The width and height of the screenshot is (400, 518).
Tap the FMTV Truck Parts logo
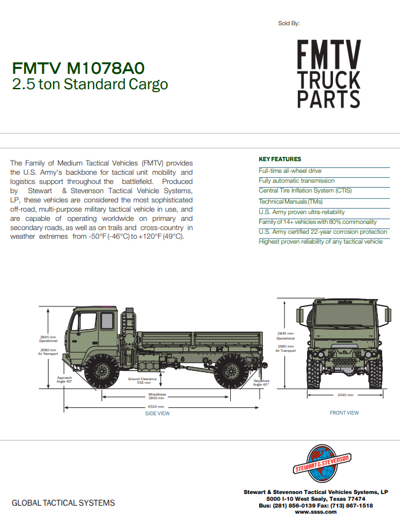[329, 74]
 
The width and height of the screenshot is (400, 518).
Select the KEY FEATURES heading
[280, 159]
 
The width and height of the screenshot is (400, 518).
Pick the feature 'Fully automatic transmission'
[297, 181]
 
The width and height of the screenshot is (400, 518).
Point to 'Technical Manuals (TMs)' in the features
[290, 201]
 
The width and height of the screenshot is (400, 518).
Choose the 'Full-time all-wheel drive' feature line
[290, 170]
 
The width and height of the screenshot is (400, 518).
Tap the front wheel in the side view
[102, 370]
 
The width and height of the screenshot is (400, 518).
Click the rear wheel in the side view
[231, 370]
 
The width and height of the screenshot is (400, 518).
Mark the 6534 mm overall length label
[156, 407]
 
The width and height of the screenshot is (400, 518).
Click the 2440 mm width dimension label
[346, 395]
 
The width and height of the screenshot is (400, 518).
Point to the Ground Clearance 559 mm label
[143, 381]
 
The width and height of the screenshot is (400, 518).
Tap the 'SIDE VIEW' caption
[158, 413]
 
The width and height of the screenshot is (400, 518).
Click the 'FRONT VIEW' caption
[344, 413]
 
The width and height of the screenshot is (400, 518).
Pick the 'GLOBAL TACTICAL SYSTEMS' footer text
[63, 503]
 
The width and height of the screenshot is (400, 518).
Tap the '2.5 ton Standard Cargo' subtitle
[90, 85]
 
